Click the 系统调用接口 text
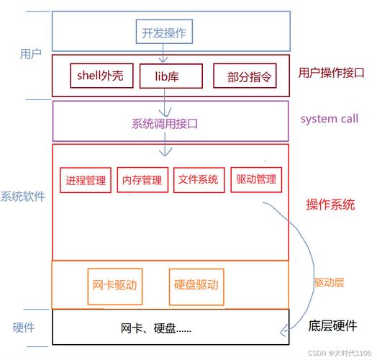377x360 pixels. (x=165, y=124)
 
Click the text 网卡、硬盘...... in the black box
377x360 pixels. (x=156, y=328)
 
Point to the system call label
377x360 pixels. (x=330, y=119)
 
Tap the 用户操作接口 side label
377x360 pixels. (x=332, y=73)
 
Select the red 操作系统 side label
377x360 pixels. (x=330, y=204)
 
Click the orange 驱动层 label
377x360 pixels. (x=329, y=282)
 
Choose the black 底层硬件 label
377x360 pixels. (x=332, y=326)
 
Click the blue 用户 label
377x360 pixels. (x=30, y=54)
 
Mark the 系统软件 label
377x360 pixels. (x=23, y=197)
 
